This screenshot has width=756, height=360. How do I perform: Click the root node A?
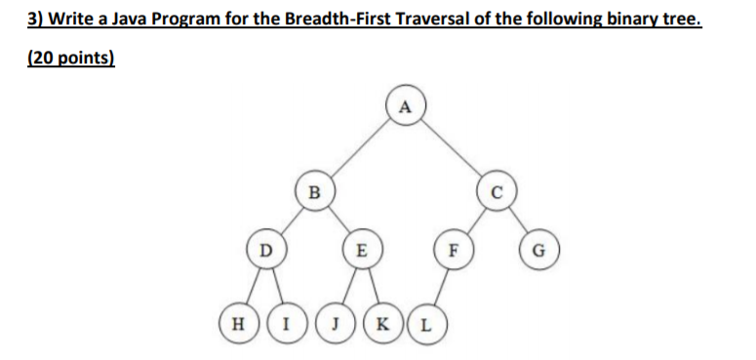pos(406,102)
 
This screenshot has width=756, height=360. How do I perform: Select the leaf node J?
pos(334,321)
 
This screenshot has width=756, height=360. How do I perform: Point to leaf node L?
pos(426,321)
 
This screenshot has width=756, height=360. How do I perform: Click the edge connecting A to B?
pos(359,146)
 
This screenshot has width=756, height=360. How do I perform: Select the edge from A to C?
pos(451,146)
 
